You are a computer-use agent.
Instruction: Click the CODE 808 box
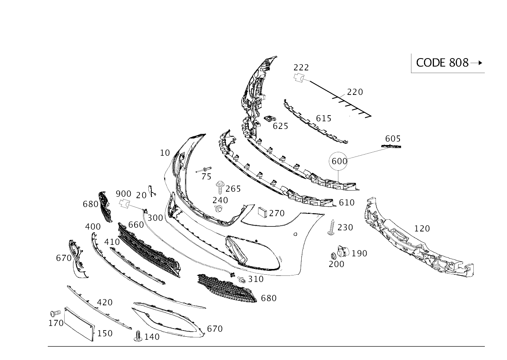coord(448,63)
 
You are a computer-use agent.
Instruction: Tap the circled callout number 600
coord(339,161)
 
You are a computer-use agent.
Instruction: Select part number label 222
coord(301,67)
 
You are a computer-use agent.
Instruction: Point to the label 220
coord(355,92)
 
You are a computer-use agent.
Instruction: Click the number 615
coord(323,118)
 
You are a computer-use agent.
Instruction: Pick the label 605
coord(392,138)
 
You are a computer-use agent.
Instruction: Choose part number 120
coord(422,228)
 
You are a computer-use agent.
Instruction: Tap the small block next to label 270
coord(262,213)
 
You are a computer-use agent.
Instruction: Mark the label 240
coord(220,200)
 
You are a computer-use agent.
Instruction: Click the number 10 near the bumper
coord(165,153)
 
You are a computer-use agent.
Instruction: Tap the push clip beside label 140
coord(138,337)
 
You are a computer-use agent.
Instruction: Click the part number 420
coord(104,302)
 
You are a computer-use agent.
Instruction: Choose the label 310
coord(255,279)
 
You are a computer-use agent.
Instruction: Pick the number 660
coord(136,225)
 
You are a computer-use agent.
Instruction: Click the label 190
coord(359,253)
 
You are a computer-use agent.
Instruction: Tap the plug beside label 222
coord(299,78)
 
